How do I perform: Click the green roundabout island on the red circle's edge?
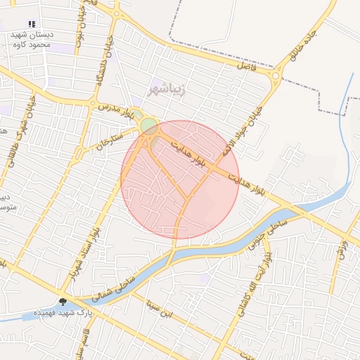click(149, 127)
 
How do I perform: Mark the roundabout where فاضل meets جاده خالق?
click(276, 76)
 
